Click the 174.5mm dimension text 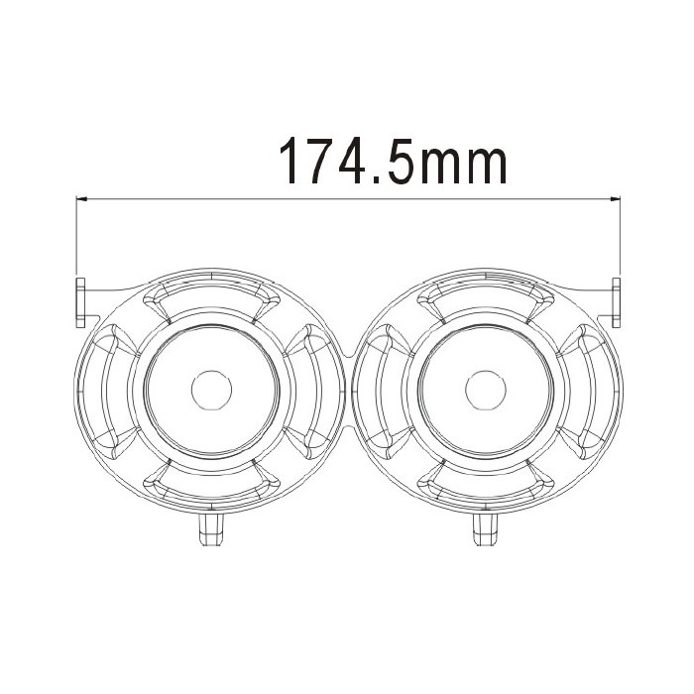pos(393,160)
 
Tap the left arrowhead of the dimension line pos(81,199)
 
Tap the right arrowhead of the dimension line pos(615,199)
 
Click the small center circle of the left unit pos(211,390)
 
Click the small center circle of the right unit pos(486,390)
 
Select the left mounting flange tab pos(80,302)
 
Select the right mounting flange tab pos(616,302)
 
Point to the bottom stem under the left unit pos(211,529)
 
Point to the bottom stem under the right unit pos(486,529)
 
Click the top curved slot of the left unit pos(211,287)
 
